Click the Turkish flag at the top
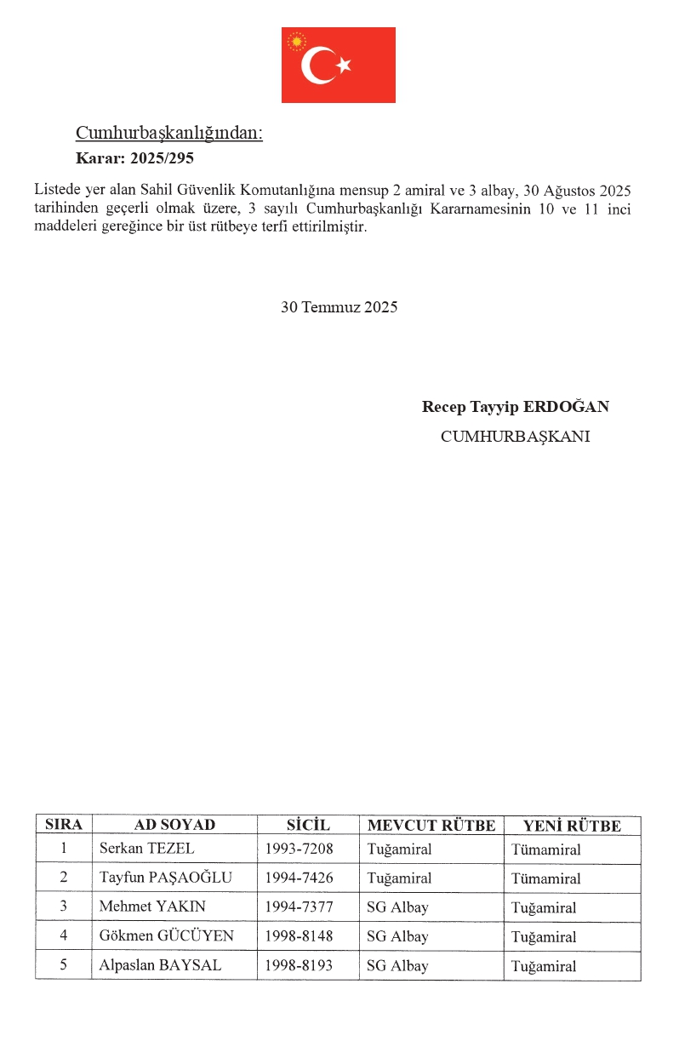click(338, 65)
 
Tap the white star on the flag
click(344, 65)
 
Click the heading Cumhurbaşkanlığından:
click(169, 134)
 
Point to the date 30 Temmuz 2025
click(339, 307)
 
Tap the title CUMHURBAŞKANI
click(515, 437)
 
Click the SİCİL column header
click(307, 825)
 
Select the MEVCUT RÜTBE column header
click(431, 825)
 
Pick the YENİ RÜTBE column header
click(572, 825)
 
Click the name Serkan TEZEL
click(146, 849)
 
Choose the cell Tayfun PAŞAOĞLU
click(165, 878)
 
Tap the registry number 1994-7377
click(299, 907)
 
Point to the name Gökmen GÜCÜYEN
click(166, 936)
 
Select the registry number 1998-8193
click(299, 965)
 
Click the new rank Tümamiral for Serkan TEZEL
click(546, 849)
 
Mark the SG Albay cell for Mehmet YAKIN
click(397, 907)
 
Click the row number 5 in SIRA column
click(63, 965)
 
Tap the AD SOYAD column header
click(174, 825)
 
